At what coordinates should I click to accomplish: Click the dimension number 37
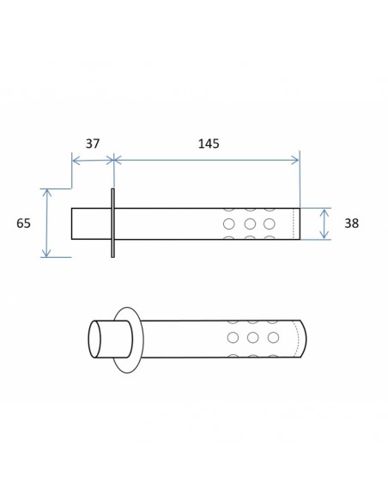coord(93,144)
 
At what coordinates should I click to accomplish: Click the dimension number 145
coord(209,144)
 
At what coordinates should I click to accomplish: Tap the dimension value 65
coord(24,223)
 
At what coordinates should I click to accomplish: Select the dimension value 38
coord(352,223)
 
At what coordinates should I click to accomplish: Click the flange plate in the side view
coord(112,223)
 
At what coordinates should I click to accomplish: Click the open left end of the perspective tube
coord(94,339)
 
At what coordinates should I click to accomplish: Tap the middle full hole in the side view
coord(250,223)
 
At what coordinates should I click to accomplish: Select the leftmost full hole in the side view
coord(229,223)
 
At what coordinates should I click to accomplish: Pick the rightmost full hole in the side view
coord(269,223)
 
